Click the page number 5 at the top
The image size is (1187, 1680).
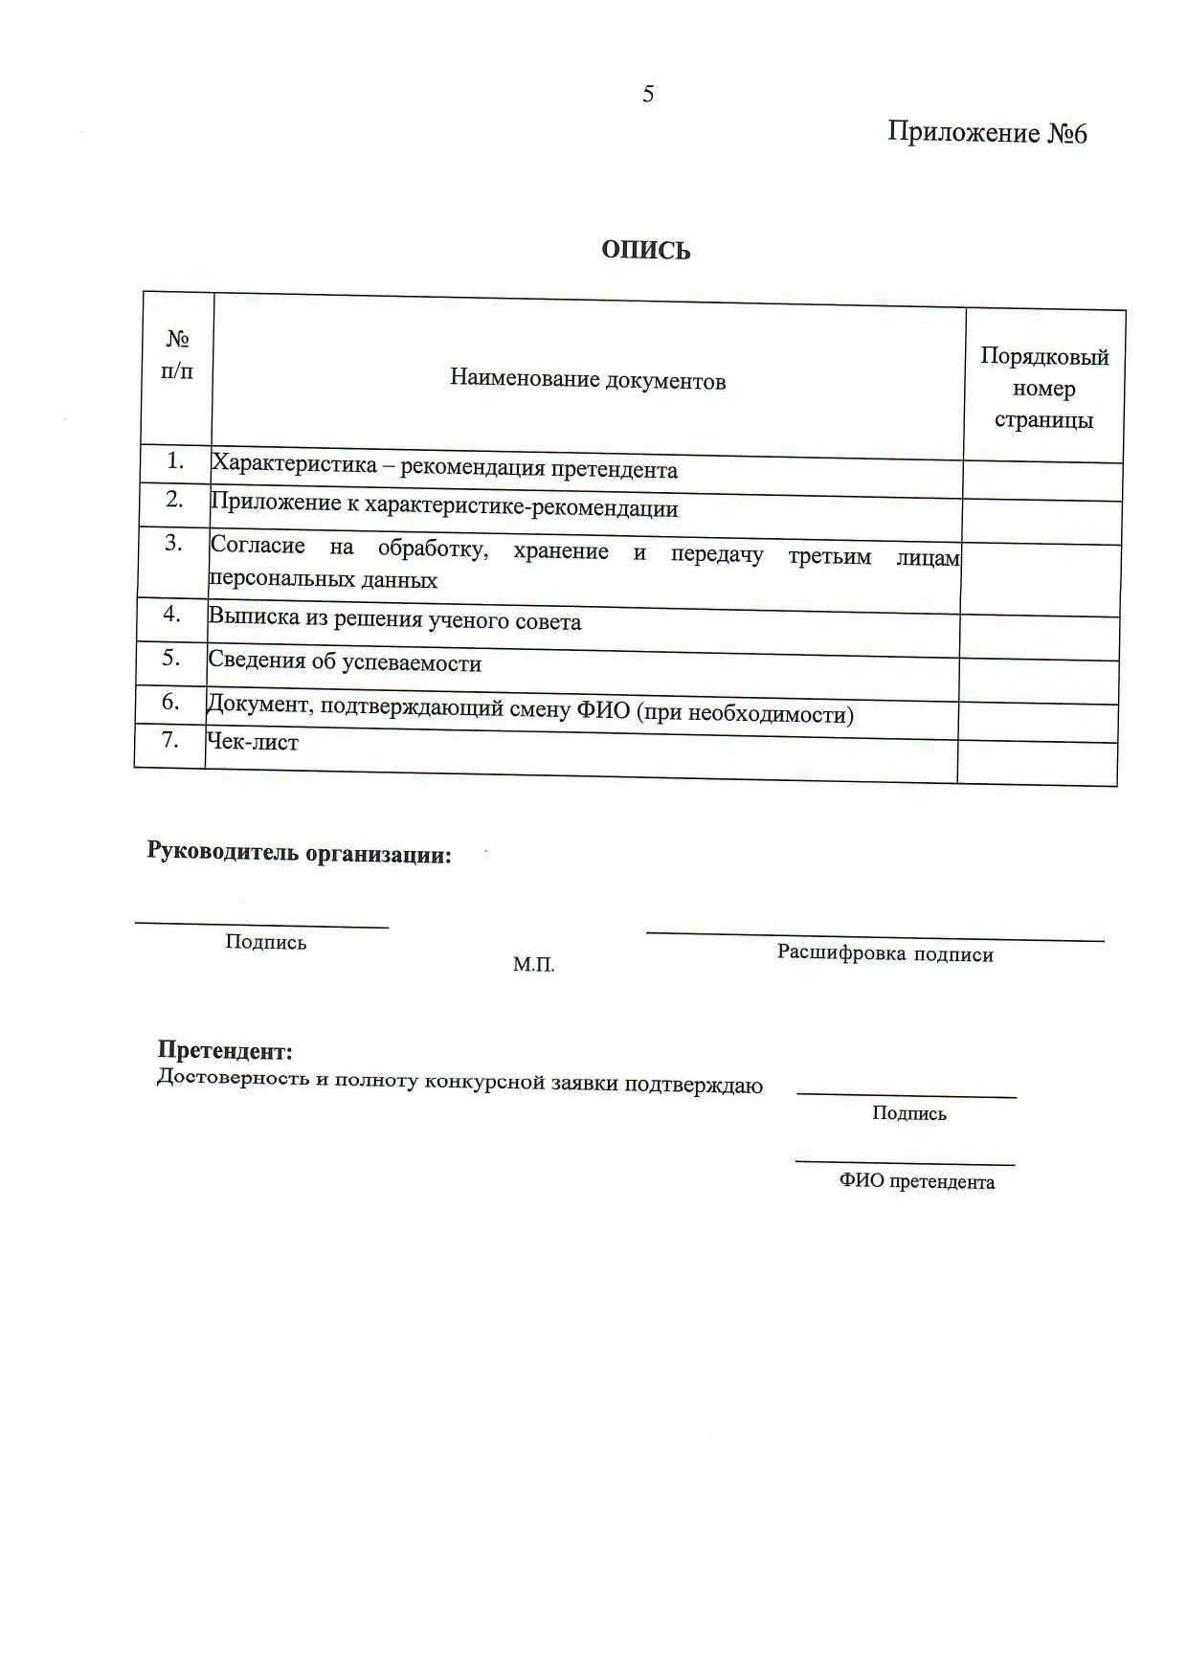click(648, 94)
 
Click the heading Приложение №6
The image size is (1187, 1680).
click(987, 132)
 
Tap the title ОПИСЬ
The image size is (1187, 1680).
click(646, 250)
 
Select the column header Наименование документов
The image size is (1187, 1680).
click(588, 379)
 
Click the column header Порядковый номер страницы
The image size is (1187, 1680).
click(1044, 388)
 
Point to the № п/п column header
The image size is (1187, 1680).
click(177, 355)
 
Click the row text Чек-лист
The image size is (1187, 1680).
click(254, 742)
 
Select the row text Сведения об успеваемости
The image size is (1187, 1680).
click(345, 661)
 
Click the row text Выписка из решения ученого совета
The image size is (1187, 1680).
click(395, 619)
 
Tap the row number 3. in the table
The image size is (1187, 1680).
click(173, 543)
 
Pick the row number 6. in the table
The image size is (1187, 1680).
click(170, 702)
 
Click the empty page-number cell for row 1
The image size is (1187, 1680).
click(1042, 481)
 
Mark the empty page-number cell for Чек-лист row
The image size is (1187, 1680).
click(1037, 763)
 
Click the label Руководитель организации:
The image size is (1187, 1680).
click(299, 852)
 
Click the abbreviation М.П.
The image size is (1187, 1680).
click(533, 965)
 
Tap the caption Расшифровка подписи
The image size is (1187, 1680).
click(885, 953)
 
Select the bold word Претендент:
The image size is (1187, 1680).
click(225, 1050)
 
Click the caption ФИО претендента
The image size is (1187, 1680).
click(916, 1181)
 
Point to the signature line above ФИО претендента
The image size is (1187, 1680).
click(905, 1163)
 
